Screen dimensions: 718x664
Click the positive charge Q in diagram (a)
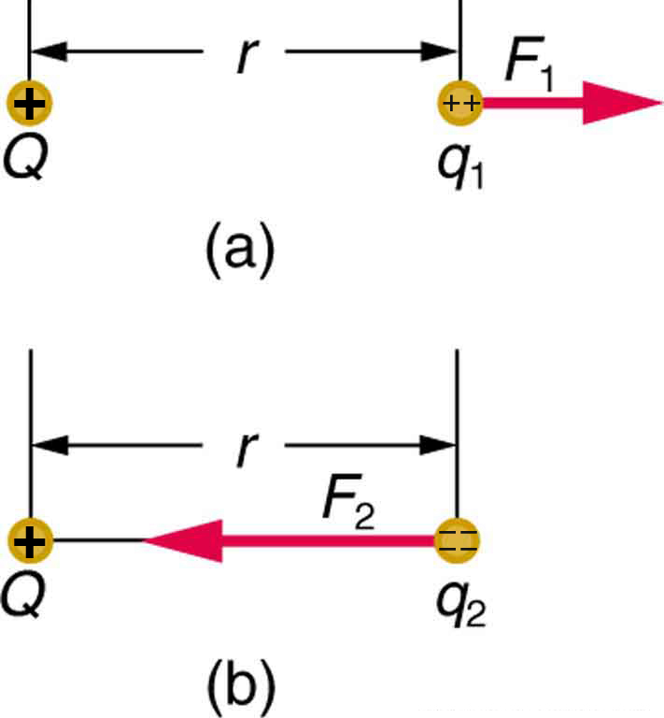pos(30,104)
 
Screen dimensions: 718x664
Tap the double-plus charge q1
pos(460,104)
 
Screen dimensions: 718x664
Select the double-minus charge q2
pos(458,540)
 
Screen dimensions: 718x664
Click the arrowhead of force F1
pos(620,104)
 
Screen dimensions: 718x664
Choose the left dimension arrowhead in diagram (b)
pos(49,444)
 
